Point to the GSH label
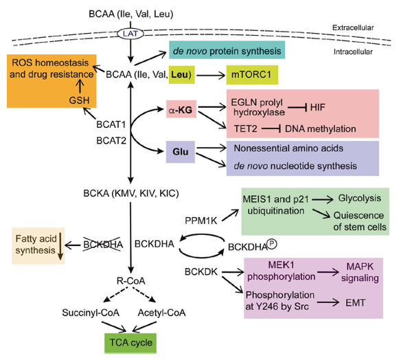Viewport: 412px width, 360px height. click(79, 101)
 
